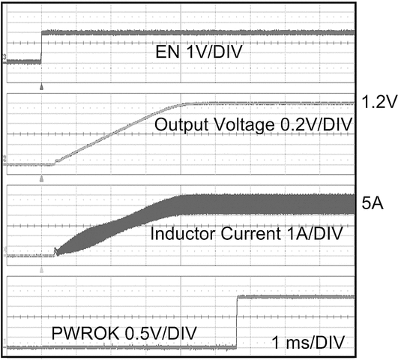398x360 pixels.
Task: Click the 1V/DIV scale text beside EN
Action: [214, 52]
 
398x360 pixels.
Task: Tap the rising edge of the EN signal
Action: [41, 46]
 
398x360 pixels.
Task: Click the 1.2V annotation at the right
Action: [379, 103]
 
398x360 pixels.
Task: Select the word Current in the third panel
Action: [251, 233]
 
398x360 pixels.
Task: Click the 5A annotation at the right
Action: [373, 203]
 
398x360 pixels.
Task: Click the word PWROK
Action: [85, 333]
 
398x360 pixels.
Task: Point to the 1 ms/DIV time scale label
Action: [308, 342]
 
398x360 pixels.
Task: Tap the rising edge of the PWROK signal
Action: [237, 322]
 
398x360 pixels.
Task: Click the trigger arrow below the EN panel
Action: [42, 87]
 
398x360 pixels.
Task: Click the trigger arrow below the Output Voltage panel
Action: [42, 178]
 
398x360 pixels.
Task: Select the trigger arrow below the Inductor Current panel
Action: [42, 269]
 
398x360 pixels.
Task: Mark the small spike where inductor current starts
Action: [56, 251]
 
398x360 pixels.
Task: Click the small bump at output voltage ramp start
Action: [57, 160]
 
